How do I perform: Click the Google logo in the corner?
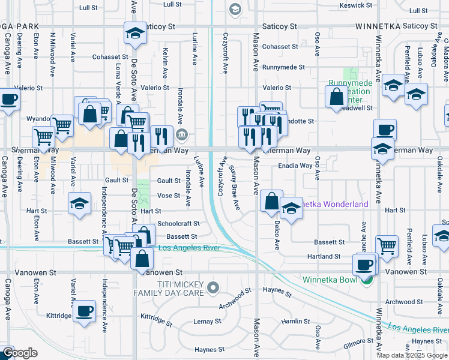pyautogui.click(x=19, y=353)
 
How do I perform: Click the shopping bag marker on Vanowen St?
pyautogui.click(x=142, y=259)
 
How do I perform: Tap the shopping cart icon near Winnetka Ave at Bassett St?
pyautogui.click(x=387, y=245)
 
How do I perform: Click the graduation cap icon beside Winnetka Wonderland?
pyautogui.click(x=291, y=208)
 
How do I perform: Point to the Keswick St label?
pyautogui.click(x=355, y=5)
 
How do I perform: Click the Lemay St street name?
pyautogui.click(x=208, y=322)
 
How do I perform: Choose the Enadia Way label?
pyautogui.click(x=295, y=166)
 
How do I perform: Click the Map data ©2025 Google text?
pyautogui.click(x=412, y=355)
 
